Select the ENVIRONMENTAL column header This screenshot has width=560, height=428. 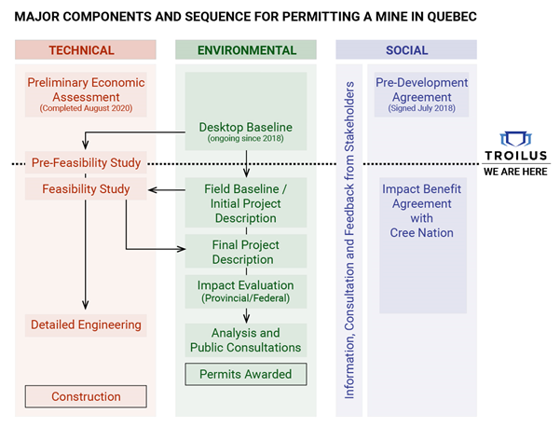point(247,50)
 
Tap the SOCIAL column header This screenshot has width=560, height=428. point(406,50)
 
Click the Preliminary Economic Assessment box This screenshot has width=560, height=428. point(86,95)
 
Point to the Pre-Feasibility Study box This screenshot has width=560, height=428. point(86,163)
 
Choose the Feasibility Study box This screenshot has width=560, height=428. point(86,189)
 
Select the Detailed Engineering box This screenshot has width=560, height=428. point(86,324)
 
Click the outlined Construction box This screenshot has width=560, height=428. point(86,396)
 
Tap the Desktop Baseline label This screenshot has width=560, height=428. point(246,128)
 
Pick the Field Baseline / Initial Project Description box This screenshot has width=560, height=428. point(246,203)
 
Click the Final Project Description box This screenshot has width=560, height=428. point(246,252)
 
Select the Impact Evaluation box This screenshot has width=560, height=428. point(246,291)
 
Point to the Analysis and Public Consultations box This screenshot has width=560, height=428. point(246,340)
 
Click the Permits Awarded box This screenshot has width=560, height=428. point(246,374)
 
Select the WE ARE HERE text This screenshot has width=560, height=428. point(515,173)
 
